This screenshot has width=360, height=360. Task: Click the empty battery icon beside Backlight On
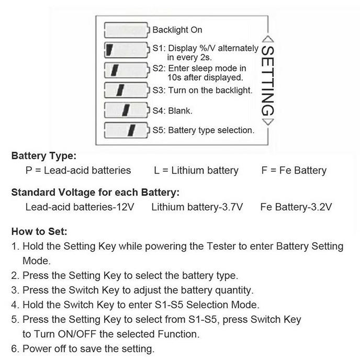pos(127,30)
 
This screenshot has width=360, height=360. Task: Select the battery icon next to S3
pos(127,90)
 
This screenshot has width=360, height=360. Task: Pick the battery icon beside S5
pos(127,130)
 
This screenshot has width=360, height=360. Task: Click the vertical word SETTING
pos(267,81)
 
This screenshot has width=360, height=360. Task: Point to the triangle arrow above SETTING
pos(267,39)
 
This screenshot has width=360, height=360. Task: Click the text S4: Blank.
pos(173,110)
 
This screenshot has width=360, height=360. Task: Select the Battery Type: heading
pos(44,156)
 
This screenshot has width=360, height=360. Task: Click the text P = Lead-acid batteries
pos(78,171)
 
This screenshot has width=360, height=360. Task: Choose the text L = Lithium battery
pos(196,171)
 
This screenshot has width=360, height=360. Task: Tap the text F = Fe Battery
pos(294,171)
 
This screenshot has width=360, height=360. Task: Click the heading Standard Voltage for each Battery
pos(95,192)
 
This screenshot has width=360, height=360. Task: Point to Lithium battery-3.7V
pos(197,207)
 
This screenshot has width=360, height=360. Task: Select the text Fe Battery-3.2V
pos(296,207)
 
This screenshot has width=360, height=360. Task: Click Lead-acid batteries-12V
pos(80,207)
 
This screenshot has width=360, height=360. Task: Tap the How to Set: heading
pos(39,231)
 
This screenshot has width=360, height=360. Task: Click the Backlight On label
pos(177,30)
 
